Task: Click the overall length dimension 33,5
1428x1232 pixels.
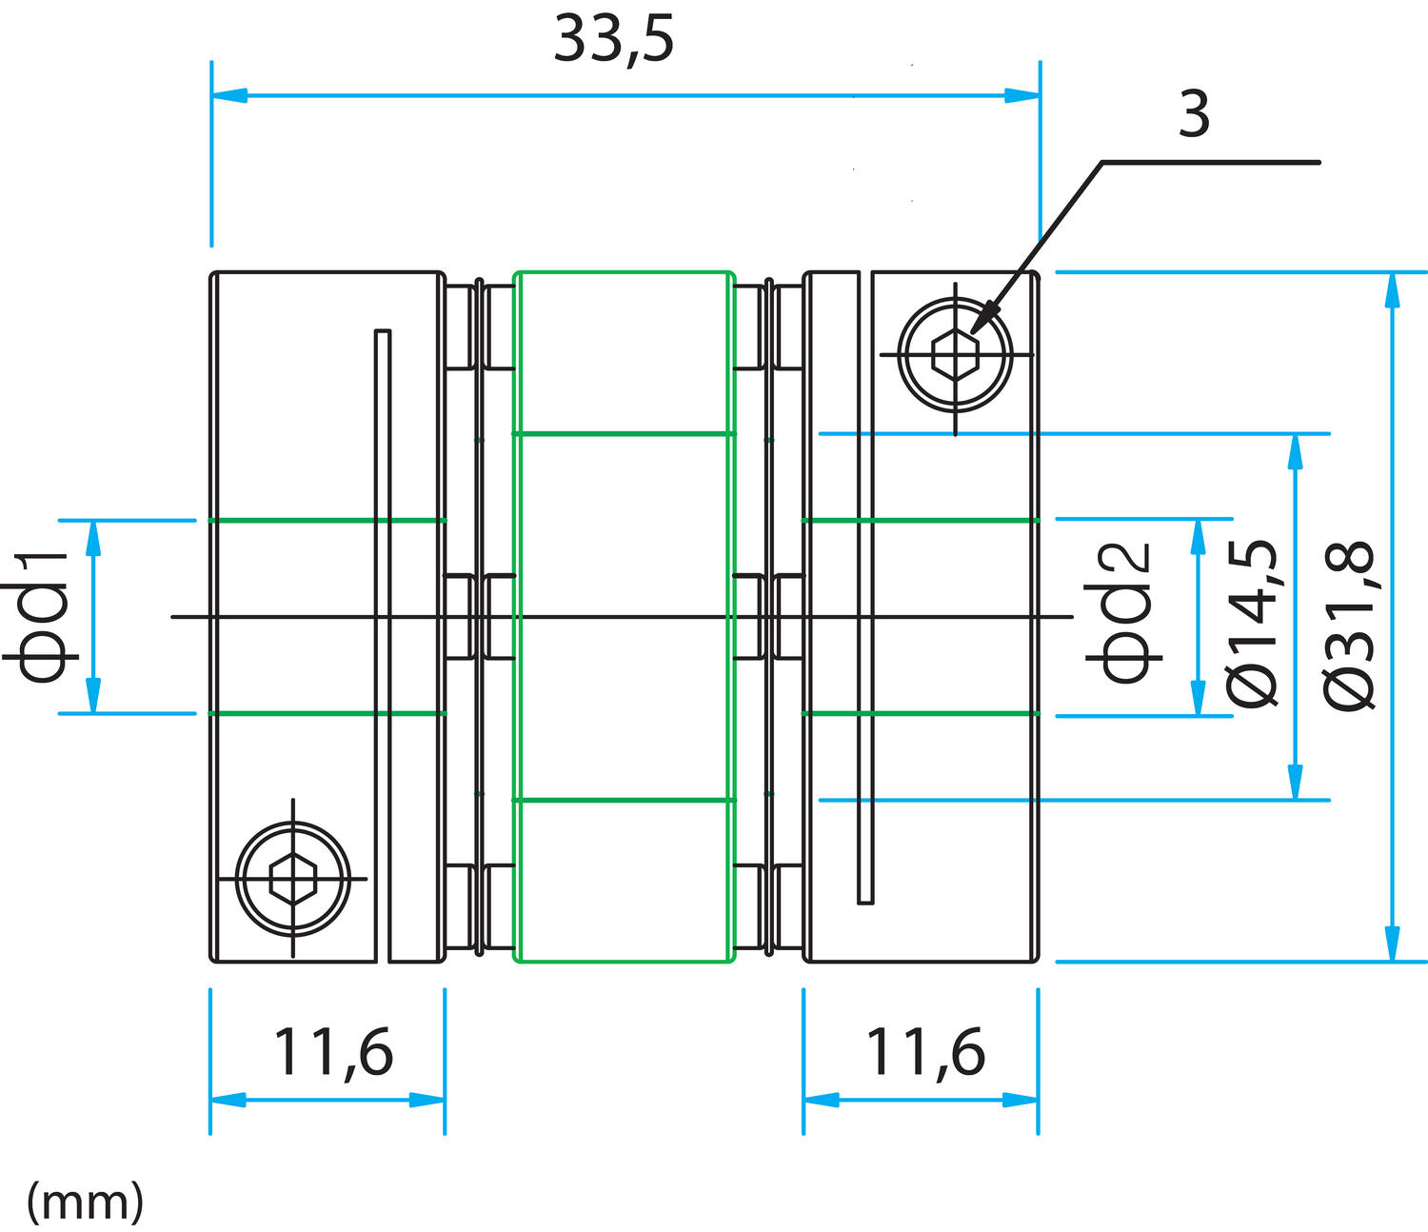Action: click(613, 40)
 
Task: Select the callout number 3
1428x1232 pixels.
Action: click(1194, 114)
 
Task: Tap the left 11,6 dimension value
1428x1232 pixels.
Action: click(332, 1053)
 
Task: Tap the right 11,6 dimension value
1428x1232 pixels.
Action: click(924, 1053)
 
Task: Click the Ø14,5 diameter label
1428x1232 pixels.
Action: click(1251, 623)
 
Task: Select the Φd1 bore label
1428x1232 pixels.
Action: click(42, 617)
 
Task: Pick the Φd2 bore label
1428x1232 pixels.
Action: click(1127, 613)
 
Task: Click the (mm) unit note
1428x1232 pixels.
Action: click(85, 1202)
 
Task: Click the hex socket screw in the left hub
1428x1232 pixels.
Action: click(292, 879)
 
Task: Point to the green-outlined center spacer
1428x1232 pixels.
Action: click(624, 617)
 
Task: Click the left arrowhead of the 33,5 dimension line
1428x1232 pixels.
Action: click(228, 95)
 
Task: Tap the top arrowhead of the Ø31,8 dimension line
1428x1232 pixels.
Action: click(1393, 289)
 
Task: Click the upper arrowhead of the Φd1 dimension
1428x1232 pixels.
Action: click(93, 538)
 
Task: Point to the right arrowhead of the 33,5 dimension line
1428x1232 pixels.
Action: click(1023, 95)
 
